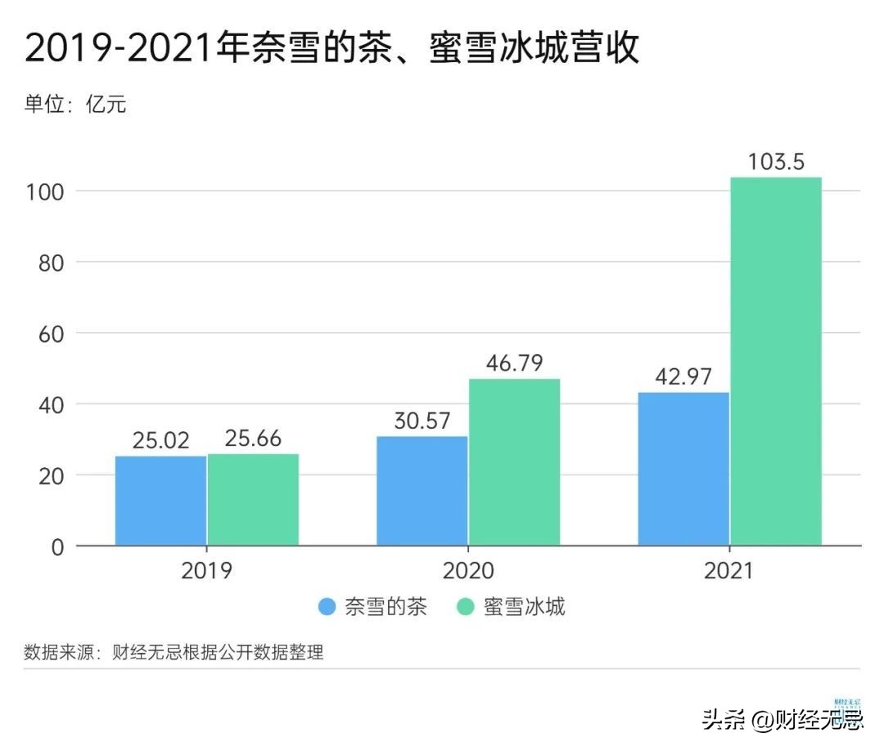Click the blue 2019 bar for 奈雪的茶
point(160,501)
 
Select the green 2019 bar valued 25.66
point(253,499)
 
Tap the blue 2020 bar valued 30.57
point(422,491)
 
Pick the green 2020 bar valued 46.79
point(514,462)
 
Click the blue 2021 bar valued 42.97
point(683,469)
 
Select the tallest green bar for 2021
point(776,361)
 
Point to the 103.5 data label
point(776,161)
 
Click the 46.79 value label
point(514,362)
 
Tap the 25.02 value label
point(160,440)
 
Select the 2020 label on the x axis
point(468,570)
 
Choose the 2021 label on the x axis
point(729,570)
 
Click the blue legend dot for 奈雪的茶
point(327,607)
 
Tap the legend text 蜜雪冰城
point(525,607)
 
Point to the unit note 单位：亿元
point(75,104)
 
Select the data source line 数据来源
point(174,652)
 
